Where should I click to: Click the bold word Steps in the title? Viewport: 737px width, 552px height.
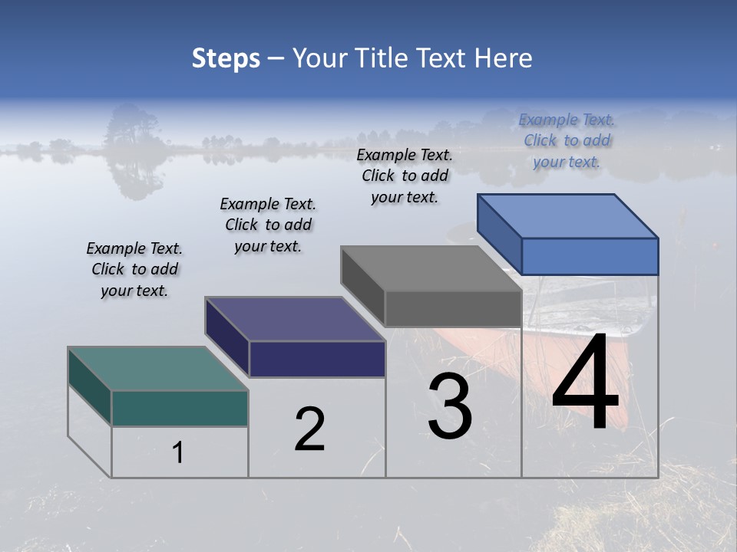coord(226,58)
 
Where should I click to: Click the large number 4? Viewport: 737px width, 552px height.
coord(585,386)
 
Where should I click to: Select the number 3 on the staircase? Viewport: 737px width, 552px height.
coord(450,407)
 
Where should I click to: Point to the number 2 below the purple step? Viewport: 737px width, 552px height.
coord(309,429)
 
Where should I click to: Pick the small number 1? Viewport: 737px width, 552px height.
coord(178,452)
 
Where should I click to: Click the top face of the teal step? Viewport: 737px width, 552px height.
coord(157,369)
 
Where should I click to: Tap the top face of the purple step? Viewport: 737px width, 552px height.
coord(295,319)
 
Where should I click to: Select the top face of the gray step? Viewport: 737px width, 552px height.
coord(431,268)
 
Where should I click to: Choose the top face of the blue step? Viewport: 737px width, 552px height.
coord(567,215)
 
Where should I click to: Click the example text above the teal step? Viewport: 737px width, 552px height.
coord(134,269)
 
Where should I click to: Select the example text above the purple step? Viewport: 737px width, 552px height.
coord(268,225)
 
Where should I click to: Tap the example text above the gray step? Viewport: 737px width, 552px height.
coord(405,176)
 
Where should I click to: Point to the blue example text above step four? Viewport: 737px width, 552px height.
coord(567,140)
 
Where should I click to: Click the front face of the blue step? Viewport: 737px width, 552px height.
coord(590,256)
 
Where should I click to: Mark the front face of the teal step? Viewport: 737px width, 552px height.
coord(180,408)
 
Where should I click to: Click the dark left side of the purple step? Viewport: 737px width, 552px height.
coord(226,337)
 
